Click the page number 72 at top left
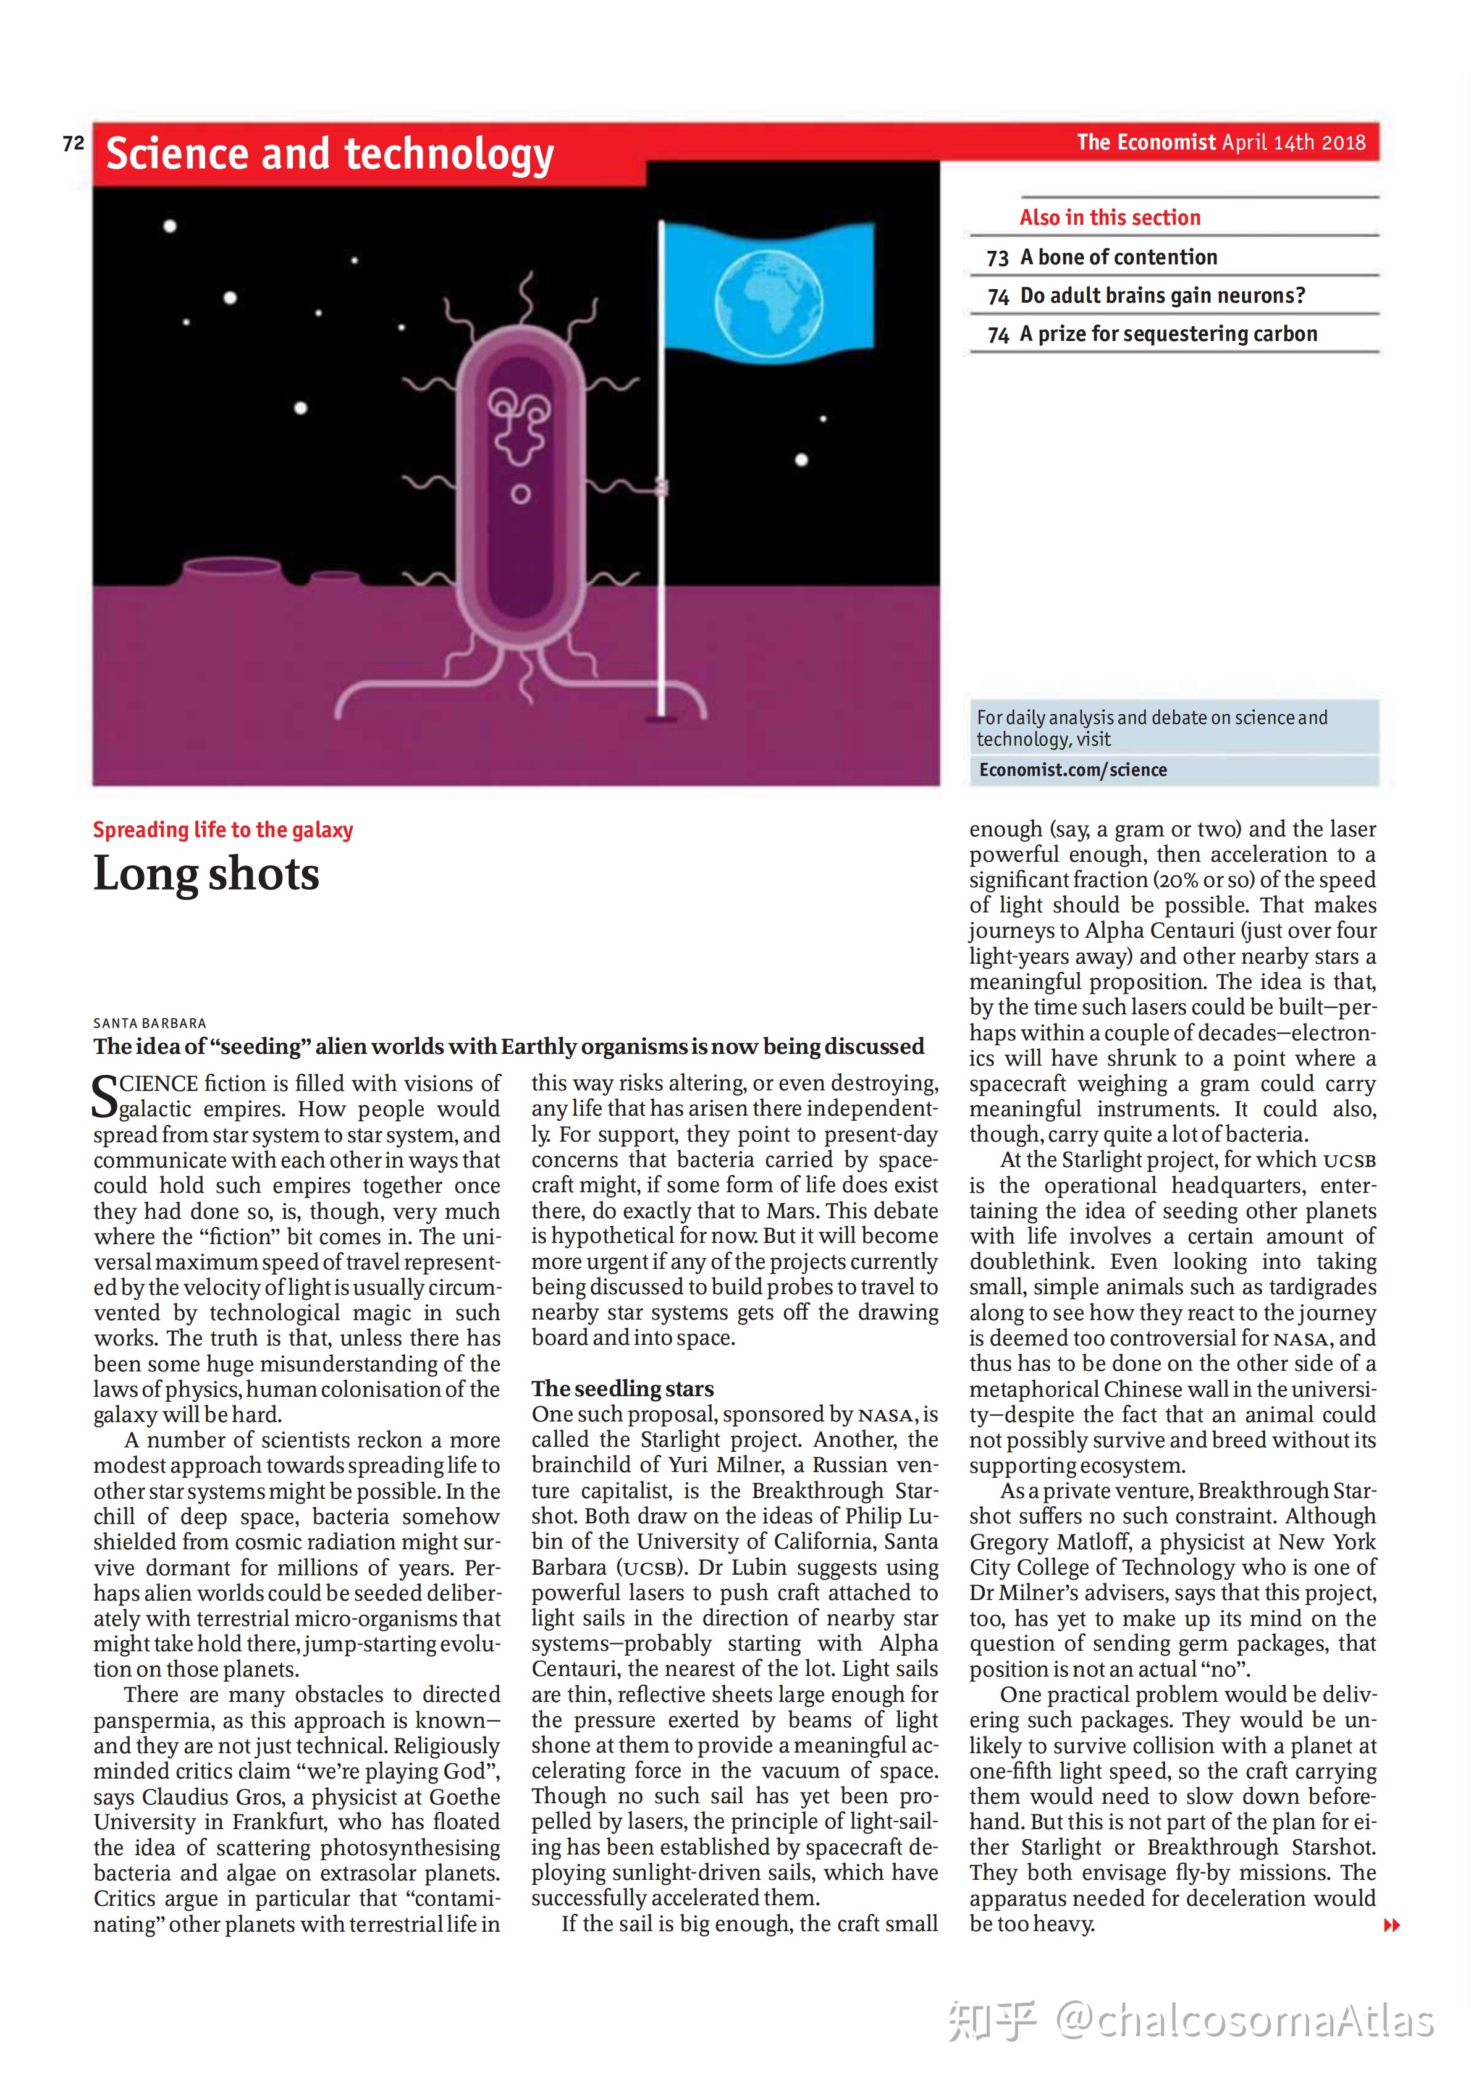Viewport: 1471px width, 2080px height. (x=74, y=143)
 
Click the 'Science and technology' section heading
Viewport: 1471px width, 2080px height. (x=330, y=154)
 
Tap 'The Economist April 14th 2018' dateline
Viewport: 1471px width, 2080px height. (x=1220, y=142)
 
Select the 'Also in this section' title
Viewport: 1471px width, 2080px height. (x=1110, y=217)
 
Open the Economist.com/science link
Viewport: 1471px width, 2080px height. (x=1073, y=770)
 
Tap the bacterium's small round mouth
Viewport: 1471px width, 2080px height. (x=520, y=495)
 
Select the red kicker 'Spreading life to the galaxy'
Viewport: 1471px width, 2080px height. (x=223, y=830)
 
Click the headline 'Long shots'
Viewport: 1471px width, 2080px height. (x=206, y=874)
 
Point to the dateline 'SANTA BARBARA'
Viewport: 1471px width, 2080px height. (x=150, y=1023)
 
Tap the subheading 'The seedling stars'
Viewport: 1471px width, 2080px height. (x=622, y=1389)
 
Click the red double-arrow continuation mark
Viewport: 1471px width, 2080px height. (x=1391, y=1925)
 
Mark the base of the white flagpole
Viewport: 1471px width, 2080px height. (x=660, y=717)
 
